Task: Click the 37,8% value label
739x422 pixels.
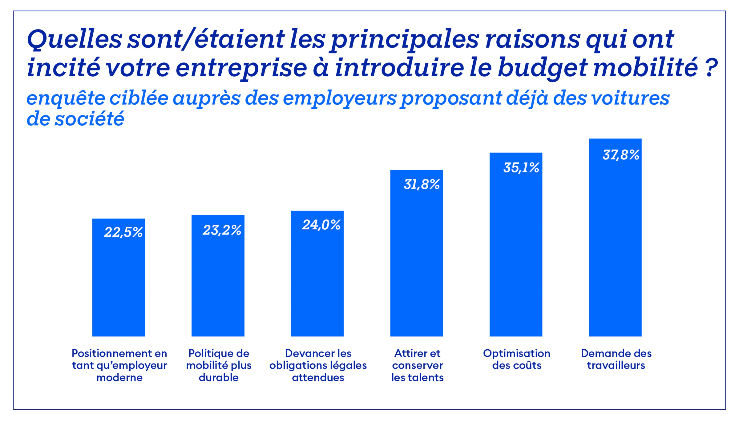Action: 621,155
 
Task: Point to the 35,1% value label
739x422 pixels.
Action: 521,168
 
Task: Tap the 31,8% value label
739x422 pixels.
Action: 422,184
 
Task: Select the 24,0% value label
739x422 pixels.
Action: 321,225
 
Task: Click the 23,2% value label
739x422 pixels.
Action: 222,230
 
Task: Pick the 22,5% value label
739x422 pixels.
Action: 123,232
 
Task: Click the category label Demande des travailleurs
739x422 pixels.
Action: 616,359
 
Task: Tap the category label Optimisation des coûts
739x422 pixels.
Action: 516,359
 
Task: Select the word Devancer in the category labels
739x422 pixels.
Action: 304,353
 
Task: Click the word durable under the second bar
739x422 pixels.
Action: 218,377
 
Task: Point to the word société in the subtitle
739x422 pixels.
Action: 89,119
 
